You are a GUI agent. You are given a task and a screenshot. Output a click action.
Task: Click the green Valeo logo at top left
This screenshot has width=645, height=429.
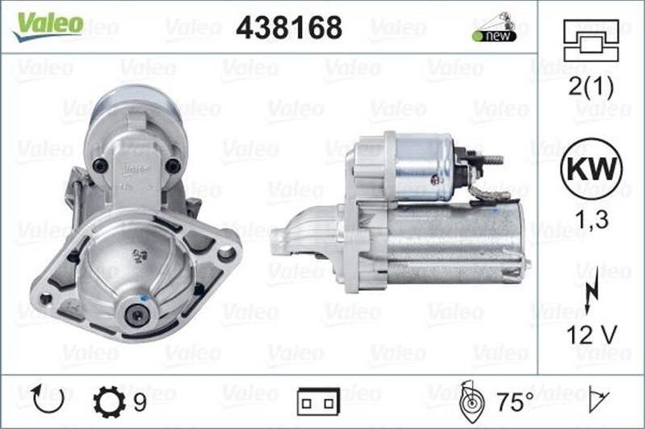[x=48, y=26]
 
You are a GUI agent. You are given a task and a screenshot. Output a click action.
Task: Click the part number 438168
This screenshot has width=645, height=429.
[x=289, y=28]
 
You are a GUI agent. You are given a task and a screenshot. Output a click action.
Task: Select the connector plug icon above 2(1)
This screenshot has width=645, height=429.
[x=591, y=41]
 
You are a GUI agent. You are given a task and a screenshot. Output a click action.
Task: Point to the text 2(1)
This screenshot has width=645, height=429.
[x=591, y=87]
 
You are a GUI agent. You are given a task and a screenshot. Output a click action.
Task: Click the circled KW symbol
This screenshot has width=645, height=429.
[x=591, y=169]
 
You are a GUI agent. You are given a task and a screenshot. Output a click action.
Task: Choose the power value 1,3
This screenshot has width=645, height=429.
[x=591, y=220]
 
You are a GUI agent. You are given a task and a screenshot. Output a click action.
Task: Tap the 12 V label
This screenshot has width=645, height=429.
[x=591, y=335]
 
